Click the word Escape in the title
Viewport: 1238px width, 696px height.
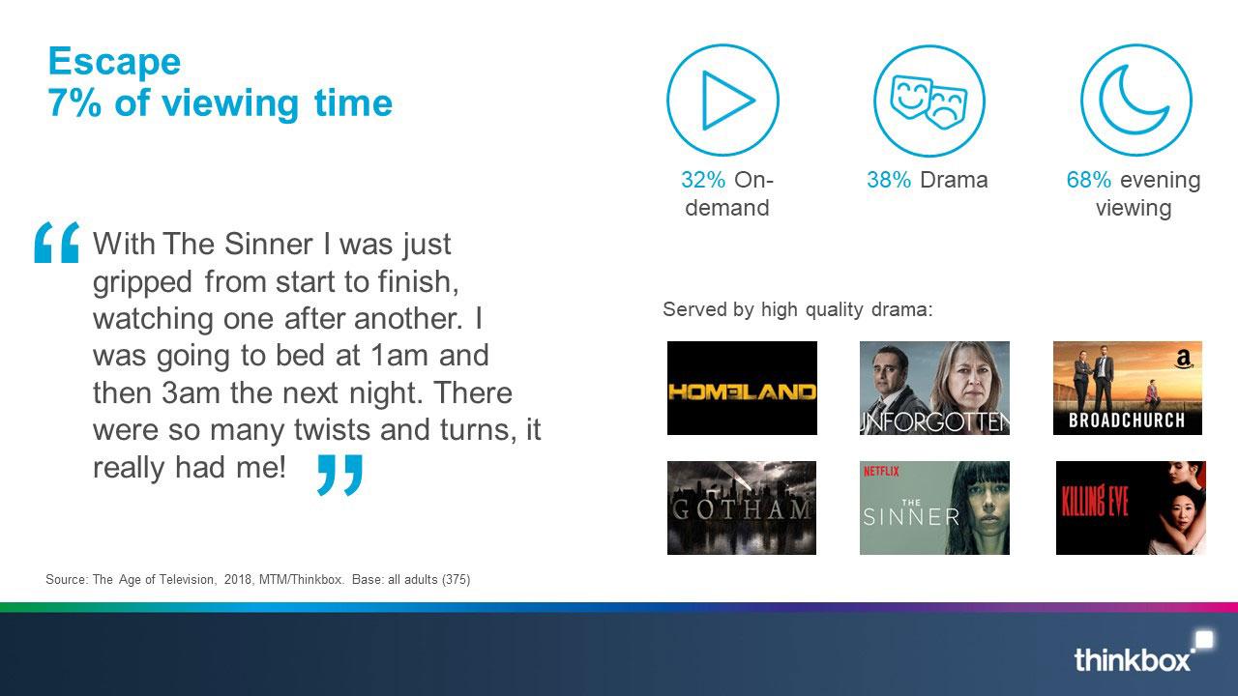tap(114, 61)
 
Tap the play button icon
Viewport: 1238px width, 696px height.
tap(722, 101)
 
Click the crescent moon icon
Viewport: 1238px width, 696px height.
tap(1136, 101)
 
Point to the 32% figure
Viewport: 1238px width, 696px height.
tap(703, 180)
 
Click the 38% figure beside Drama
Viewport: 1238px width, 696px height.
tap(889, 180)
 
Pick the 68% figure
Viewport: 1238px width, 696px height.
tap(1089, 180)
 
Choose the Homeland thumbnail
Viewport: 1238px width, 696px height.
tap(742, 388)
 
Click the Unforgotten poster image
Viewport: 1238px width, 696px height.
tap(934, 388)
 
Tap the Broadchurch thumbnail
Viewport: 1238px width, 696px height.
tap(1128, 388)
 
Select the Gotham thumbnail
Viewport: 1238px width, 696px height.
tap(742, 507)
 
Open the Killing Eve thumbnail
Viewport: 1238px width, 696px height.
tap(1131, 507)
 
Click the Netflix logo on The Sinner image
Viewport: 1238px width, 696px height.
tap(881, 471)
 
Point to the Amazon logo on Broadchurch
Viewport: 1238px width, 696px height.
tap(1183, 360)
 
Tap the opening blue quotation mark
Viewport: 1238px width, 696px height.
tap(56, 242)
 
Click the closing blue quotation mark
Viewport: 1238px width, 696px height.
tap(339, 475)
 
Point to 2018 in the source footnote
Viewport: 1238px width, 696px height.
tap(238, 579)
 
